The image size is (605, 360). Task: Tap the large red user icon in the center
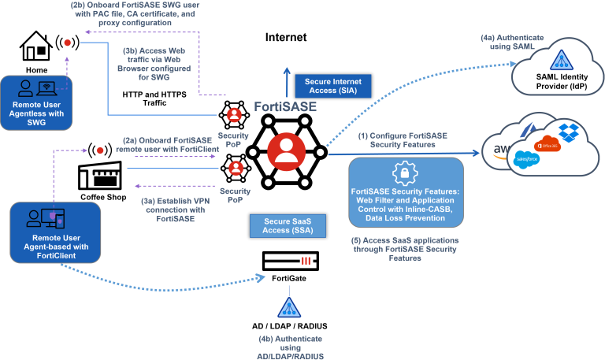[x=287, y=150]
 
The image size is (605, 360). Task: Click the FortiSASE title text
[x=285, y=106]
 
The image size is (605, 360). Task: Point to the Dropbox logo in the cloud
[x=567, y=132]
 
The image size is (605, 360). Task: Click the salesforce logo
[x=525, y=160]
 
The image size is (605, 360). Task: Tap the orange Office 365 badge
[x=546, y=144]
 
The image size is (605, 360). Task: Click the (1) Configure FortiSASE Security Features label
[x=402, y=141]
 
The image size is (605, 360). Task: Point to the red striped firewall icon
[x=306, y=261]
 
